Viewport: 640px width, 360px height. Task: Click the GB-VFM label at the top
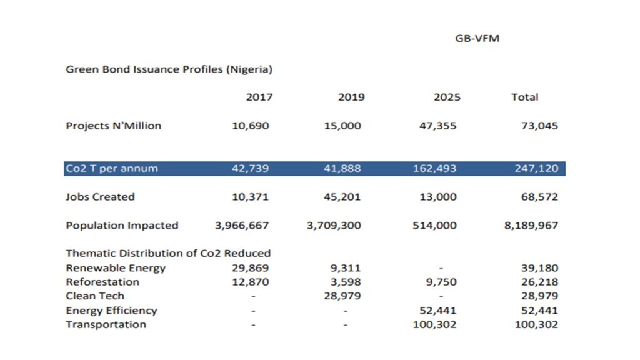click(477, 39)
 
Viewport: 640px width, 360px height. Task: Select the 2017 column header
click(259, 97)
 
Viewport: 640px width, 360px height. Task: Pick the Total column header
click(524, 97)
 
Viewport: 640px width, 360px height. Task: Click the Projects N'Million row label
click(113, 126)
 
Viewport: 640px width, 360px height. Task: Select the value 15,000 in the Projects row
click(342, 126)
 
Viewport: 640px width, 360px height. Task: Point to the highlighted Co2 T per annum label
click(112, 169)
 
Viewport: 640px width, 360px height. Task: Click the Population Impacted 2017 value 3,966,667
click(242, 226)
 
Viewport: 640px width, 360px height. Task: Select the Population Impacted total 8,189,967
click(531, 226)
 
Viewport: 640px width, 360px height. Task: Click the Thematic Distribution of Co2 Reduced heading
click(168, 253)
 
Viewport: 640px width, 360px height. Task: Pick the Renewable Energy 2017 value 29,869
click(250, 268)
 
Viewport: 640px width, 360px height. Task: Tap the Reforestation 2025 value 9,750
click(441, 282)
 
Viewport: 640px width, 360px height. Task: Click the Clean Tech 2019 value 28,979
click(342, 296)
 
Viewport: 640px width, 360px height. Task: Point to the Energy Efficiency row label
click(111, 311)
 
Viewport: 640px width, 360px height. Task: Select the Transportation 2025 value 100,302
click(435, 324)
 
